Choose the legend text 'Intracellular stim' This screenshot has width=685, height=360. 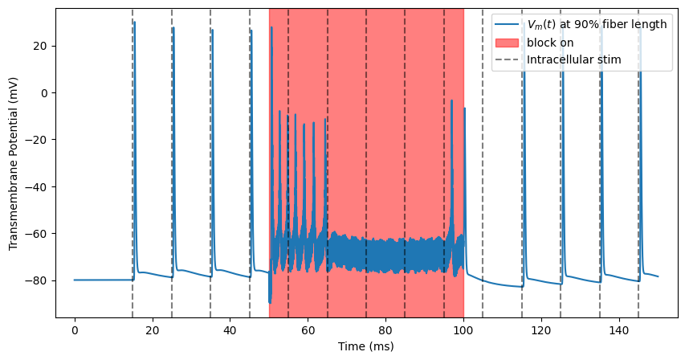(x=574, y=59)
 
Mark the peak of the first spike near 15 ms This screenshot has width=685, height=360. (x=134, y=22)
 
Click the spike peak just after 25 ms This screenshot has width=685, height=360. (x=173, y=28)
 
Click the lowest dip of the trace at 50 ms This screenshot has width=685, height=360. (x=270, y=302)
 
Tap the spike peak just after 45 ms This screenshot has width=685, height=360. (x=251, y=31)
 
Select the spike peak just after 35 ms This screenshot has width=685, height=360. (x=212, y=30)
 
